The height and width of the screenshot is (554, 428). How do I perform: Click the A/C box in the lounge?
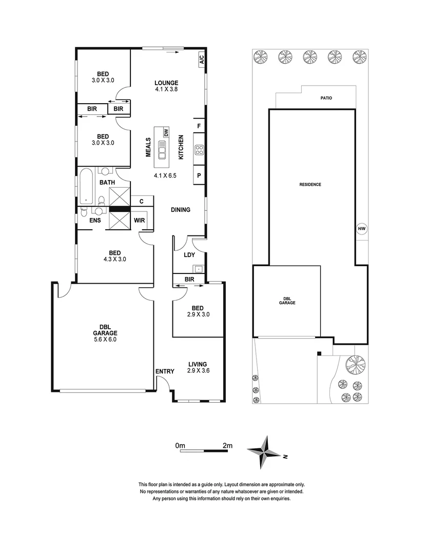201,60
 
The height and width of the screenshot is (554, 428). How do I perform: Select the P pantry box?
199,175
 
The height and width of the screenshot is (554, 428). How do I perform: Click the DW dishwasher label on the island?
166,132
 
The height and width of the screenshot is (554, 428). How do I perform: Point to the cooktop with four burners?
199,151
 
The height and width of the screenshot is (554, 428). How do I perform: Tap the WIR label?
139,220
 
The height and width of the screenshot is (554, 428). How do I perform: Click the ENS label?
95,220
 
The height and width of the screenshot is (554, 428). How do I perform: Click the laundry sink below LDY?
198,268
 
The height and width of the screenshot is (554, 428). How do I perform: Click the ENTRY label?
164,371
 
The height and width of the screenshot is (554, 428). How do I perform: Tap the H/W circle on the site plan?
361,229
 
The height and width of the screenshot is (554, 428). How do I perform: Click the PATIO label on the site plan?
326,97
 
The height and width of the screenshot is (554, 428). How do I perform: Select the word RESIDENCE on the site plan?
311,184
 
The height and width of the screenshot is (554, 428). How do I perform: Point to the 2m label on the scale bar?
227,445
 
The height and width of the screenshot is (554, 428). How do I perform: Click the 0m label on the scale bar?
180,445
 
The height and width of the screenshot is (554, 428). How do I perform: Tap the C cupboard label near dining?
142,202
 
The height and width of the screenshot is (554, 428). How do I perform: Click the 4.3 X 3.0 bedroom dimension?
114,259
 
